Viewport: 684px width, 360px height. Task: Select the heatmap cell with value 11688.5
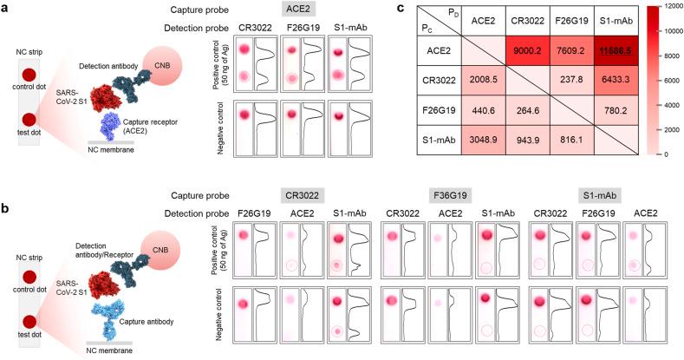click(615, 50)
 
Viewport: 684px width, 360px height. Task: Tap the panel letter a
click(6, 8)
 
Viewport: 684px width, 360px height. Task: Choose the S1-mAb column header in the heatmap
click(615, 21)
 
